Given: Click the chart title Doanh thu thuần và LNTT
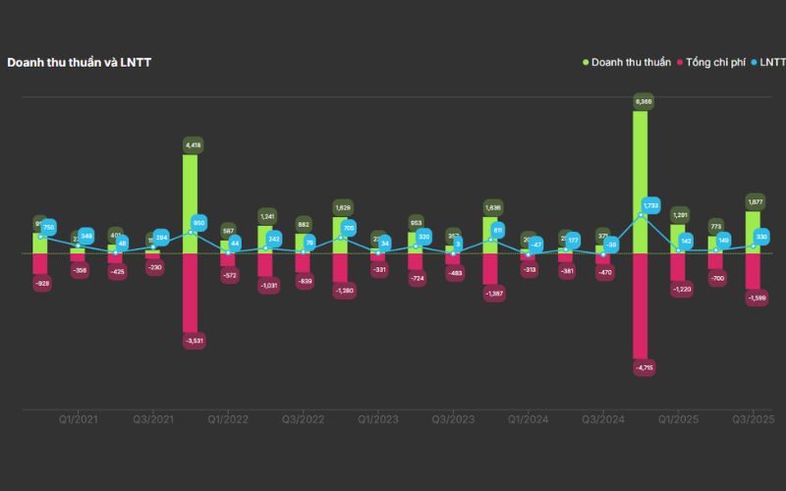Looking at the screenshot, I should (80, 62).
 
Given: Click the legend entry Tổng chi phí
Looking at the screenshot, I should (714, 62).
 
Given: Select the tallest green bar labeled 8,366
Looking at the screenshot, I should (640, 182).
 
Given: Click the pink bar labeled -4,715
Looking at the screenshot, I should (640, 304).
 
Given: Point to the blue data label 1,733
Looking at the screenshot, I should (649, 206).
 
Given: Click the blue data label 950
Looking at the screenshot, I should (199, 223).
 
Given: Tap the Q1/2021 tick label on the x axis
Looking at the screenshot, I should (78, 419).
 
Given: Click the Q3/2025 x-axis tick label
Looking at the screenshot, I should (754, 419).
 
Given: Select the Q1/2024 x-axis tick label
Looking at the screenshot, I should (528, 419).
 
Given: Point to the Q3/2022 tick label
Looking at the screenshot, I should (303, 419).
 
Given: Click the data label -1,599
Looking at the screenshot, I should (756, 298).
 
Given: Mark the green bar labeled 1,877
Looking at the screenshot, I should (753, 232).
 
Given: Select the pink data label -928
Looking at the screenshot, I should (42, 283).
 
